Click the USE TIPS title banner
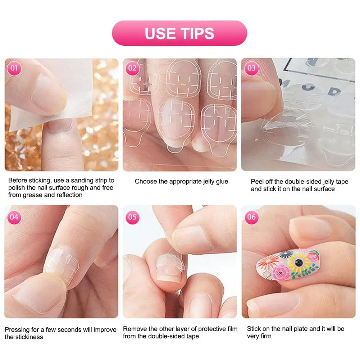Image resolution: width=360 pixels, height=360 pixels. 179,33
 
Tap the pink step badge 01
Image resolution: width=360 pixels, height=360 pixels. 14,68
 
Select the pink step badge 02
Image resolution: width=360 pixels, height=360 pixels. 132,68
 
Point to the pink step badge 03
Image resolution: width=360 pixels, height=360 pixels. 251,68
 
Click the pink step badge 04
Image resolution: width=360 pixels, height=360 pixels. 14,217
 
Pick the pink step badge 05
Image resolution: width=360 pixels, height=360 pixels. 132,217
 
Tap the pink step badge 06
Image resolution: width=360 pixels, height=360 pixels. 251,217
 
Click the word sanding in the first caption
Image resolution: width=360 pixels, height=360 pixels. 73,180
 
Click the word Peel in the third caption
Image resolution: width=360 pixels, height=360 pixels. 257,182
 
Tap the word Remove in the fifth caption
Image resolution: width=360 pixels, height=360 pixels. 134,329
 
